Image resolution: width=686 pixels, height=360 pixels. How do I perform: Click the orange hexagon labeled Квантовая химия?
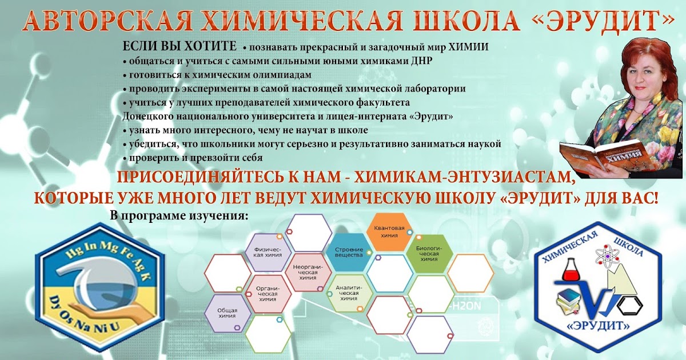pos(389,232)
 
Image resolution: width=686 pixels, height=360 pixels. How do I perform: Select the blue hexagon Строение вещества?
pos(349,252)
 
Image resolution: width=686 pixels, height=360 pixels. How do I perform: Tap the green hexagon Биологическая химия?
pos(429,254)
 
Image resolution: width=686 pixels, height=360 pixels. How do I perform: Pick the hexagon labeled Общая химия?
pos(228,313)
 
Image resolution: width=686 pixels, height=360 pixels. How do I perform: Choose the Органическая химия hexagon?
pos(268,294)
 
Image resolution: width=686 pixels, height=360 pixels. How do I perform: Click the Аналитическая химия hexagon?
pos(349,293)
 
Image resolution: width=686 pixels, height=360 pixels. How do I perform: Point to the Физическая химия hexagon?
pos(268,252)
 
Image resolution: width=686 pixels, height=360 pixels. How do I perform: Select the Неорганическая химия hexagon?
pos(308,272)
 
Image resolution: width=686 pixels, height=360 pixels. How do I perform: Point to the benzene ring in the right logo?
pos(630,305)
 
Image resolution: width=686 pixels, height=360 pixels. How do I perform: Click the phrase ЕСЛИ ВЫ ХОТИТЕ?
pos(180,46)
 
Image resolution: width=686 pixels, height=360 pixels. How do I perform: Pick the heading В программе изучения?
pos(179,216)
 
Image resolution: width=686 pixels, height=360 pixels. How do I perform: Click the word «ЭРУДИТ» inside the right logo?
pos(599,325)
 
